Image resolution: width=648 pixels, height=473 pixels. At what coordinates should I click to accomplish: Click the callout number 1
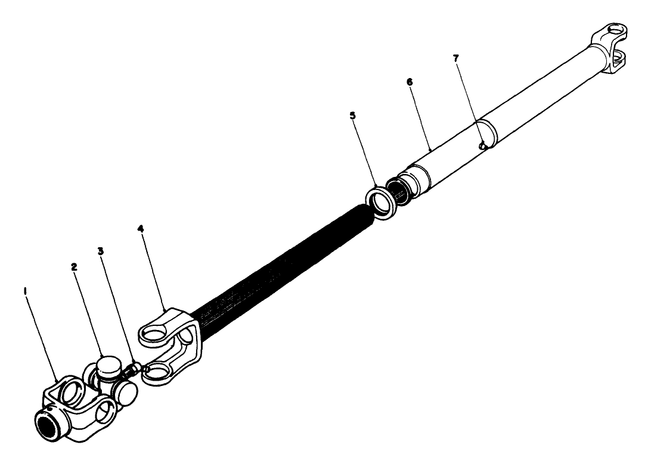point(25,291)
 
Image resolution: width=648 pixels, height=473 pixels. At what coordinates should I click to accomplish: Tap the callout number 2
point(75,267)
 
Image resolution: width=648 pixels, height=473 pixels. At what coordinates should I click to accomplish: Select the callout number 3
point(101,251)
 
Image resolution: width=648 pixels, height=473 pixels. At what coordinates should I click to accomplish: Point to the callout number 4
point(141,227)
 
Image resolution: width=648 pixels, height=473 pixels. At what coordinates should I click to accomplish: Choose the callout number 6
point(410,80)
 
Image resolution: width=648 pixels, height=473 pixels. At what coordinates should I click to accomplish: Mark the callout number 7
point(457,58)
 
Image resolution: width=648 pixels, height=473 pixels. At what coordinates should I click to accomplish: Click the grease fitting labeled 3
point(135,369)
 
